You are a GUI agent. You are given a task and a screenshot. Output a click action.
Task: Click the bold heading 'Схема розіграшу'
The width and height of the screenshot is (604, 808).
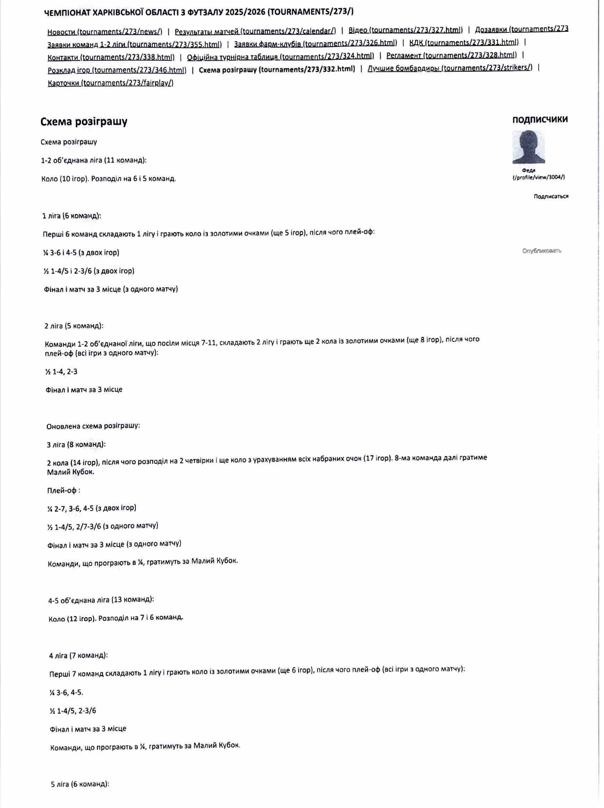point(84,121)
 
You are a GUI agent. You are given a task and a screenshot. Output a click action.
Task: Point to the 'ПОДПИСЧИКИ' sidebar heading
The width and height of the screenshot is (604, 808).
point(539,120)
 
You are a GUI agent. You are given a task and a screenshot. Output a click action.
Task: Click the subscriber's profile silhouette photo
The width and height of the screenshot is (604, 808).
point(528,147)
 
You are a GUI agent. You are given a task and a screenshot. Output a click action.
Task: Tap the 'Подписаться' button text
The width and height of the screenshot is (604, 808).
point(551,196)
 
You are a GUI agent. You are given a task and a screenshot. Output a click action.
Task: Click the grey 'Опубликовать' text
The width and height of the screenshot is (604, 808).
point(541,251)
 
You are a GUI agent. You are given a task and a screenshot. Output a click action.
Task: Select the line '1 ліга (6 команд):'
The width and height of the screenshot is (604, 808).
point(72,216)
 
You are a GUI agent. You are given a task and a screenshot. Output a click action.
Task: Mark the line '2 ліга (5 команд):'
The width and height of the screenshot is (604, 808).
point(74,326)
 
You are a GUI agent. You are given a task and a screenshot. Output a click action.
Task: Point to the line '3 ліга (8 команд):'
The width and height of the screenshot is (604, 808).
point(76,444)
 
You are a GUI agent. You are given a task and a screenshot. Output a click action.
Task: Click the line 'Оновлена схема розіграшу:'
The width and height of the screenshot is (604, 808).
point(93,426)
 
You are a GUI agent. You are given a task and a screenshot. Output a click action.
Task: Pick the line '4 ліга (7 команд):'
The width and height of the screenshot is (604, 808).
point(78,656)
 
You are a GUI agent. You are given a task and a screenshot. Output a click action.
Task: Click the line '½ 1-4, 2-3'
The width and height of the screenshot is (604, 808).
point(61,372)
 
